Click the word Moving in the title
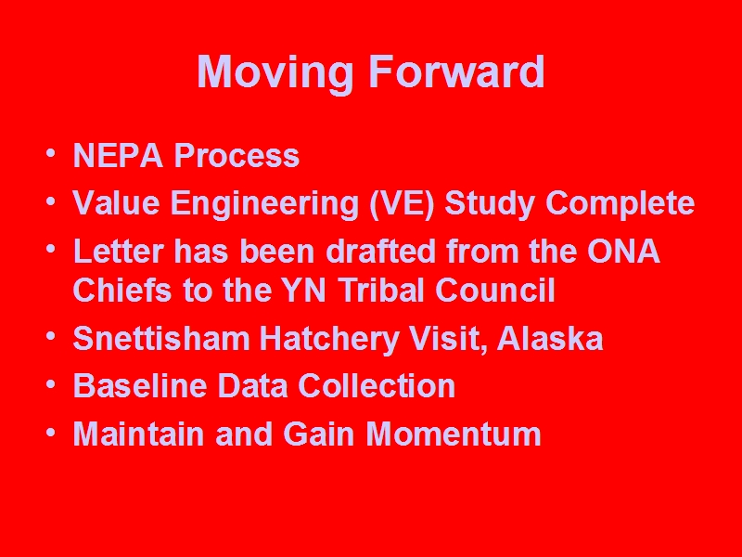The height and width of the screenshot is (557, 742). pos(275,73)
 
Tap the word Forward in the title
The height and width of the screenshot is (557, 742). pos(456,71)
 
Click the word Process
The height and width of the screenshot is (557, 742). pos(237,155)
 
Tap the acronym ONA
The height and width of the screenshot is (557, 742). pos(623,251)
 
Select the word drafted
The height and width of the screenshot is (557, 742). pos(381,251)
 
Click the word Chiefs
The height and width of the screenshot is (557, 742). pos(122,290)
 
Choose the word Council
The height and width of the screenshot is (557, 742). pos(495,290)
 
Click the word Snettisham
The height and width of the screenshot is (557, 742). pos(161,339)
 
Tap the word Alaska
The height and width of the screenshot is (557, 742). pos(550,338)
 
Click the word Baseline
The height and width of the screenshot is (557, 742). pos(140,385)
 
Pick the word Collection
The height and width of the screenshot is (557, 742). pos(377,385)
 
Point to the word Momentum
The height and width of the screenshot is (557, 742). pos(454,434)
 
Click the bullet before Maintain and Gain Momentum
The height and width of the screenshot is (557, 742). pos(51,432)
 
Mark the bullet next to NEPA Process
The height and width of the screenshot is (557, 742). pos(51,153)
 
